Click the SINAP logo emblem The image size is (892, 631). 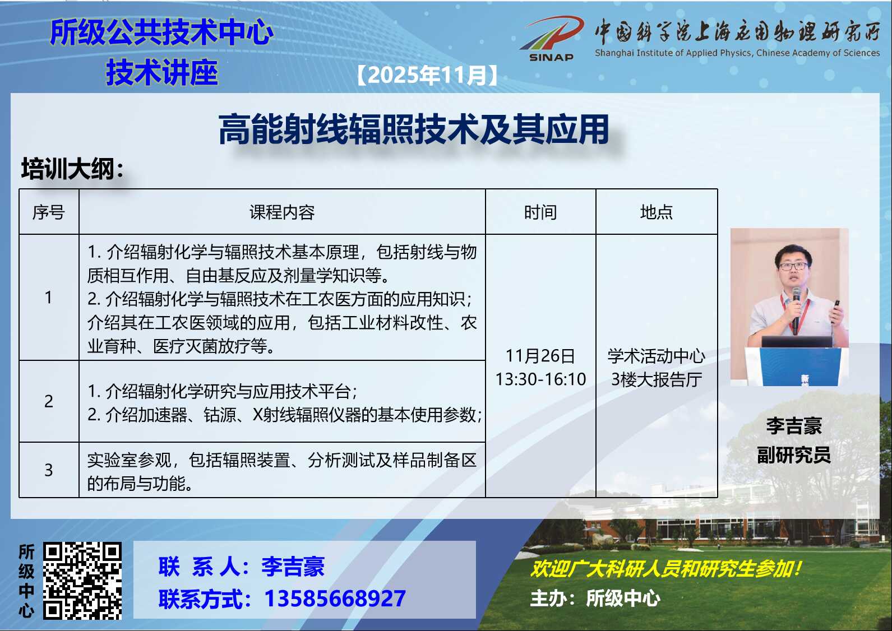point(552,38)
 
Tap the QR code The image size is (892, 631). point(82,581)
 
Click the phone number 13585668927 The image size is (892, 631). point(335,598)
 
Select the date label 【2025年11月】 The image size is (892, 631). point(427,75)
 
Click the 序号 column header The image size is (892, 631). point(49,212)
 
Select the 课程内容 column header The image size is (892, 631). point(282,212)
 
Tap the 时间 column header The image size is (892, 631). point(540,212)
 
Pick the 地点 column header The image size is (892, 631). point(657,212)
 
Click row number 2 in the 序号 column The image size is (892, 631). point(49,401)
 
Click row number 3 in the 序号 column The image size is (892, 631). point(49,470)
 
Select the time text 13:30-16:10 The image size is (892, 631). point(540,379)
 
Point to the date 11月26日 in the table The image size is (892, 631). point(540,356)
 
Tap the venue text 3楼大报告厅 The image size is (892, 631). point(657,379)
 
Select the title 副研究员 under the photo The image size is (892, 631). point(794,455)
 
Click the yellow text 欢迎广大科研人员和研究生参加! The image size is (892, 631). point(665,568)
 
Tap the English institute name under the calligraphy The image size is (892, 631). point(737,53)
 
